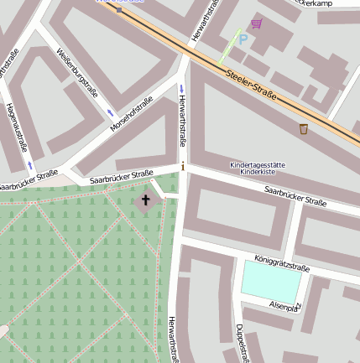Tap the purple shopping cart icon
256,23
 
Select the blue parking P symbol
243,39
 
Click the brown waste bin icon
303,128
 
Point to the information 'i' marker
183,166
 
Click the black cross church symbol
145,200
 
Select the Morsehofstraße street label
131,115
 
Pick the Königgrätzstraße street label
282,263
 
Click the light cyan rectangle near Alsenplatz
270,280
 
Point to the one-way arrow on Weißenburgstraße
109,112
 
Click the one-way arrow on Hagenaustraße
30,163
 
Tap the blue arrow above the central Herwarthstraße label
182,88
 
